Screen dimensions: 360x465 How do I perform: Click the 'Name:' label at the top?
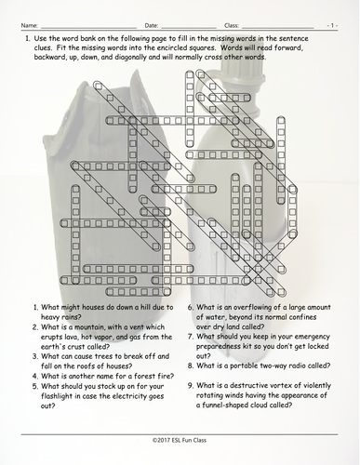[x=29, y=18]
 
